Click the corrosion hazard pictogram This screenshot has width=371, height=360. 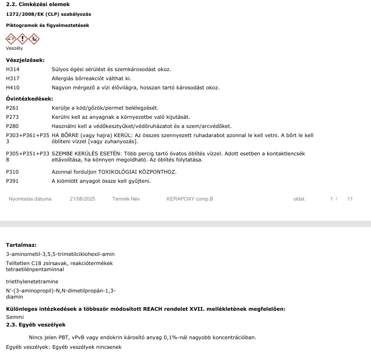11,38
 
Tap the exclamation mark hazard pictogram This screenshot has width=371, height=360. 22,38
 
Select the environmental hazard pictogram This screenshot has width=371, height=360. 34,38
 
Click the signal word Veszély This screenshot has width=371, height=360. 14,49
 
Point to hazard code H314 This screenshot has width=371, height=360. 12,70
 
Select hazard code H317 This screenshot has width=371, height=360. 12,79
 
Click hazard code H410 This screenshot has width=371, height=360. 12,88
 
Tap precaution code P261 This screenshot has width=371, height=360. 12,108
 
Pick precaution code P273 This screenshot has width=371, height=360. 12,117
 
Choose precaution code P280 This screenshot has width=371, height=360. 12,126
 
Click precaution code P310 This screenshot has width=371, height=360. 12,172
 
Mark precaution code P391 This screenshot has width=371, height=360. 12,181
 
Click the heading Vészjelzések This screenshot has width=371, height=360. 25,60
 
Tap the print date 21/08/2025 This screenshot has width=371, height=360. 82,199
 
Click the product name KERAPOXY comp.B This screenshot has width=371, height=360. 190,199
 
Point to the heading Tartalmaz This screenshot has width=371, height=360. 21,245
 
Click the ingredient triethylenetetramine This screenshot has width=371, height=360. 32,281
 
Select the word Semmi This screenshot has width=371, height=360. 15,317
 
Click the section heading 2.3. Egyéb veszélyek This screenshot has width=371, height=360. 36,325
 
